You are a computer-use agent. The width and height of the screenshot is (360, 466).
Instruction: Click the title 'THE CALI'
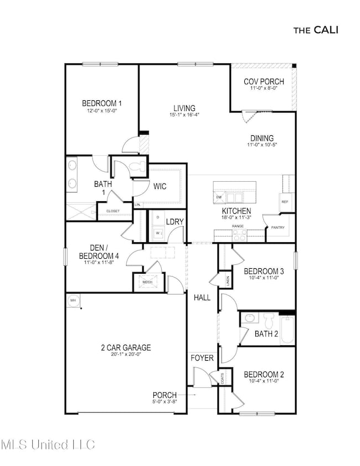pyautogui.click(x=315, y=29)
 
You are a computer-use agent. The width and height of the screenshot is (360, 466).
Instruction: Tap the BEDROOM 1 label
pyautogui.click(x=102, y=103)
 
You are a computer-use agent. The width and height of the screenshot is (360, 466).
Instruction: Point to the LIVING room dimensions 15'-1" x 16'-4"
pyautogui.click(x=184, y=115)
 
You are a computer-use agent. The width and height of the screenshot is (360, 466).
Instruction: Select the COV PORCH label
pyautogui.click(x=264, y=81)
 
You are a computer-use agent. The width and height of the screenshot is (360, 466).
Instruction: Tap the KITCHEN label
pyautogui.click(x=236, y=211)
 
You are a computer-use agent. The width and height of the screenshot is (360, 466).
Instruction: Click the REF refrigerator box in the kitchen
pyautogui.click(x=285, y=202)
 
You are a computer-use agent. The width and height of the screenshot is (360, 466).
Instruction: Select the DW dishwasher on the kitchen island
pyautogui.click(x=219, y=197)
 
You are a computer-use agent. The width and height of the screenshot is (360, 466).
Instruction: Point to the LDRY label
pyautogui.click(x=175, y=222)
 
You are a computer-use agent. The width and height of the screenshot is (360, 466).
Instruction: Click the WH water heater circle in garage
pyautogui.click(x=73, y=300)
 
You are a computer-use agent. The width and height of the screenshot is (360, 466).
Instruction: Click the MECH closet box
pyautogui.click(x=147, y=282)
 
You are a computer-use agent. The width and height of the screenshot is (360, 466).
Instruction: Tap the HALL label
pyautogui.click(x=202, y=298)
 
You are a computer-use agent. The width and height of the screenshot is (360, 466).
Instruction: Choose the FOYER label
pyautogui.click(x=202, y=358)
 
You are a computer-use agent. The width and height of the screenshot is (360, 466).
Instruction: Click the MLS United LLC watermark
pyautogui.click(x=48, y=444)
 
